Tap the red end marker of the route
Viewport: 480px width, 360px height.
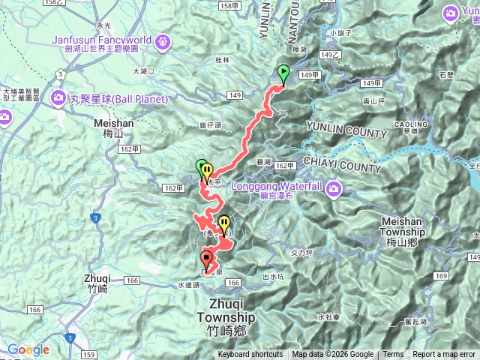[206, 260]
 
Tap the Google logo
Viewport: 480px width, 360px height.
[28, 349]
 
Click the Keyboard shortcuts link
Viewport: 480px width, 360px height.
[250, 355]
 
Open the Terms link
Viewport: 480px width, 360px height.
[393, 355]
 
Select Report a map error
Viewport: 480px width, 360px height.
[444, 355]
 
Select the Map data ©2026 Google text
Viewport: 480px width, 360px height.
[332, 355]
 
